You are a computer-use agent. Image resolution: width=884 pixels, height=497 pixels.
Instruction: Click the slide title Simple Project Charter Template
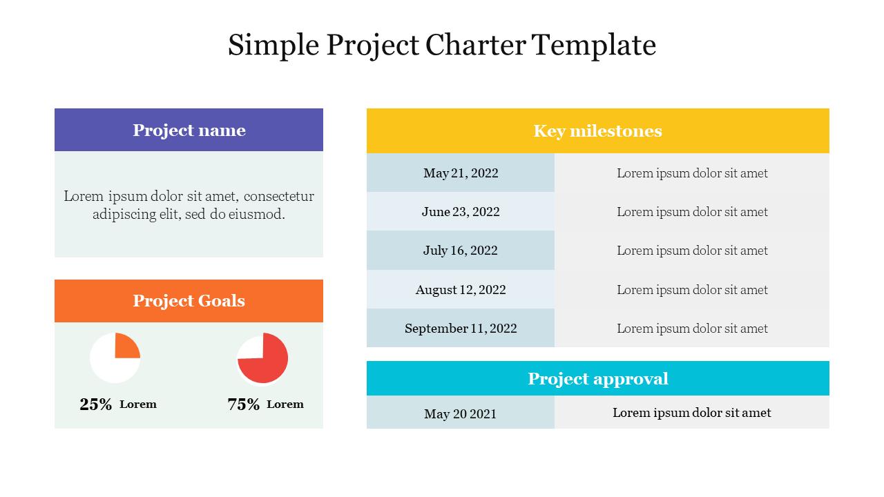442,46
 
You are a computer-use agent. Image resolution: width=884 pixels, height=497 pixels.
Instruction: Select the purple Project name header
189,130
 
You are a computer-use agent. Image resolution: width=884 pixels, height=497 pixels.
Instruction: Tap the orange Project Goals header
189,300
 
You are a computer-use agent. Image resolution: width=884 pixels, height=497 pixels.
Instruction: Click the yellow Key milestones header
597,130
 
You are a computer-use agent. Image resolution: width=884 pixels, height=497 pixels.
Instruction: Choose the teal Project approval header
597,378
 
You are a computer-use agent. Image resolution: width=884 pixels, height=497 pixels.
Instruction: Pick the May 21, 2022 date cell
461,173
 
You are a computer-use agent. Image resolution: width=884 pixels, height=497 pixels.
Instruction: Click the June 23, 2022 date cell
461,211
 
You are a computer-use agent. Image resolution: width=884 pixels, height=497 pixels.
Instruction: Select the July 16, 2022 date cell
461,250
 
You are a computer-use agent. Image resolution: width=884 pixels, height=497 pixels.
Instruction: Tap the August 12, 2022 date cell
461,289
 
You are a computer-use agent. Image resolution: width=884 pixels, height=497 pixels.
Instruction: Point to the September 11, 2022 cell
461,328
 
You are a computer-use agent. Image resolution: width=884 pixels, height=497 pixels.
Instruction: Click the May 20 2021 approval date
461,413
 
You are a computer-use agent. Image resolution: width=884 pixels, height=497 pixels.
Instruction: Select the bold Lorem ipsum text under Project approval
691,412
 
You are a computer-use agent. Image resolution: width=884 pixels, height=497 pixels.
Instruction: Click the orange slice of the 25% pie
126,345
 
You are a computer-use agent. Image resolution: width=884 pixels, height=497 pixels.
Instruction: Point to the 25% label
95,405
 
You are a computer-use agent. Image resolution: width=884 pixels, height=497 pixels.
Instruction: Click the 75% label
243,405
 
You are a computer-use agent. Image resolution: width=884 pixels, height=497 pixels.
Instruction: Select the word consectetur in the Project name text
278,196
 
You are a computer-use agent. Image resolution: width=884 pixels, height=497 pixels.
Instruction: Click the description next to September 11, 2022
692,328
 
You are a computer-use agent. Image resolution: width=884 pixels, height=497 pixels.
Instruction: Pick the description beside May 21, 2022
692,173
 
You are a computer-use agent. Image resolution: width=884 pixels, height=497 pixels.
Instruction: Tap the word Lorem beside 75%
285,404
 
